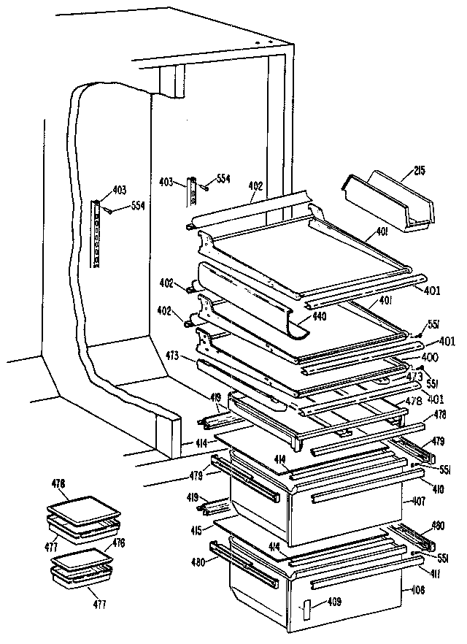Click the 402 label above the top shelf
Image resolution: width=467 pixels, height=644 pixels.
pyautogui.click(x=255, y=187)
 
